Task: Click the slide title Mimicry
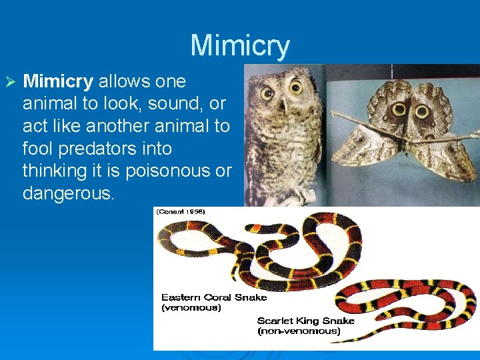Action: click(240, 46)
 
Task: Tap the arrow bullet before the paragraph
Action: click(9, 82)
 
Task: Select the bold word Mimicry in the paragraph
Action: click(58, 82)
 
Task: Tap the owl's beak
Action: click(284, 105)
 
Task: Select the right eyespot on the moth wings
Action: click(422, 111)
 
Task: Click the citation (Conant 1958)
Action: click(181, 211)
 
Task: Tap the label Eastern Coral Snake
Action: click(213, 297)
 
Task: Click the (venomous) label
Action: click(191, 308)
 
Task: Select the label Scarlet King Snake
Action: click(306, 321)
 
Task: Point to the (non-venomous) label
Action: click(299, 331)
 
